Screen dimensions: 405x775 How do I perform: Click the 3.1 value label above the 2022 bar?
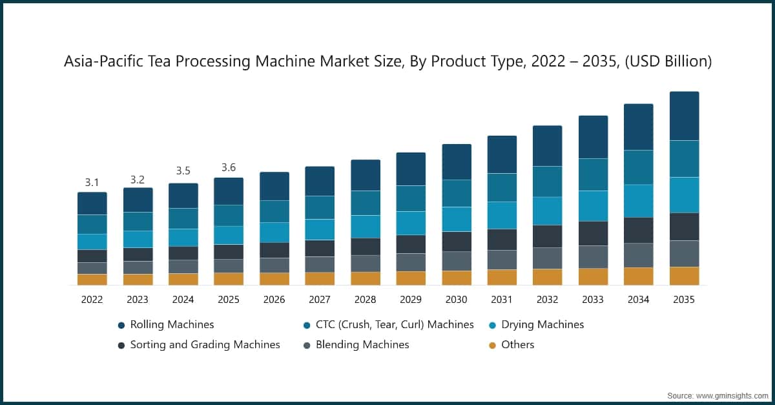click(92, 183)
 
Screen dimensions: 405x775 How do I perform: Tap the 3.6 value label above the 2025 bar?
click(229, 168)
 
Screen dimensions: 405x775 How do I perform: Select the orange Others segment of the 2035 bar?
click(684, 276)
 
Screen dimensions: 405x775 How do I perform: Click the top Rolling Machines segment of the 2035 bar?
click(684, 116)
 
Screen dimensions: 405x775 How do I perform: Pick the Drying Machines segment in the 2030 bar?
click(457, 219)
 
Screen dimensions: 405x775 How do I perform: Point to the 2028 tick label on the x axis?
click(365, 300)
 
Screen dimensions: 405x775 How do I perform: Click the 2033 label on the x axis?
click(593, 300)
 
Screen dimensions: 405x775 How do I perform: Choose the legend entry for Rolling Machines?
click(172, 324)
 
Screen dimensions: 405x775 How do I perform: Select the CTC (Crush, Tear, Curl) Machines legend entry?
click(395, 324)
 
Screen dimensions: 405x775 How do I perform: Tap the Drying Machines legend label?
click(542, 324)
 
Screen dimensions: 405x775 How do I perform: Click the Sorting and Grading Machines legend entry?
click(205, 344)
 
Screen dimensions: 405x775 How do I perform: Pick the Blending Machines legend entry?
click(362, 344)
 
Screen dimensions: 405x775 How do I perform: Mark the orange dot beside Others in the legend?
click(492, 345)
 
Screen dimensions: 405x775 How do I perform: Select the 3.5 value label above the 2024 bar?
click(183, 171)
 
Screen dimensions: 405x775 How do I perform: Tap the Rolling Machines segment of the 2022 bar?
click(92, 203)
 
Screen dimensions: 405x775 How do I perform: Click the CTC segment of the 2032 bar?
click(547, 182)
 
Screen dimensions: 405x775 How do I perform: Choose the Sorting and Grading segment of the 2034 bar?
click(638, 230)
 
